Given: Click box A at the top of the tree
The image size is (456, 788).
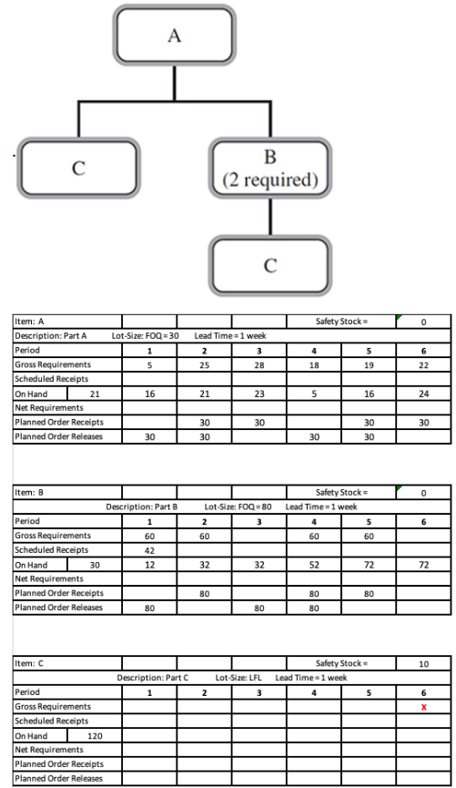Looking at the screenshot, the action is [x=175, y=37].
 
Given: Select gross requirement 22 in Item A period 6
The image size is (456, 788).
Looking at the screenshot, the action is [x=424, y=363].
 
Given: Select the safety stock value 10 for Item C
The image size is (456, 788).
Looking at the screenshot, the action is [x=424, y=663].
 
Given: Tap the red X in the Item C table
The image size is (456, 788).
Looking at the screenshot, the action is [x=424, y=706].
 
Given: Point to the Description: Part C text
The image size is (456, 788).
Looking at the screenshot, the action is [x=154, y=677].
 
